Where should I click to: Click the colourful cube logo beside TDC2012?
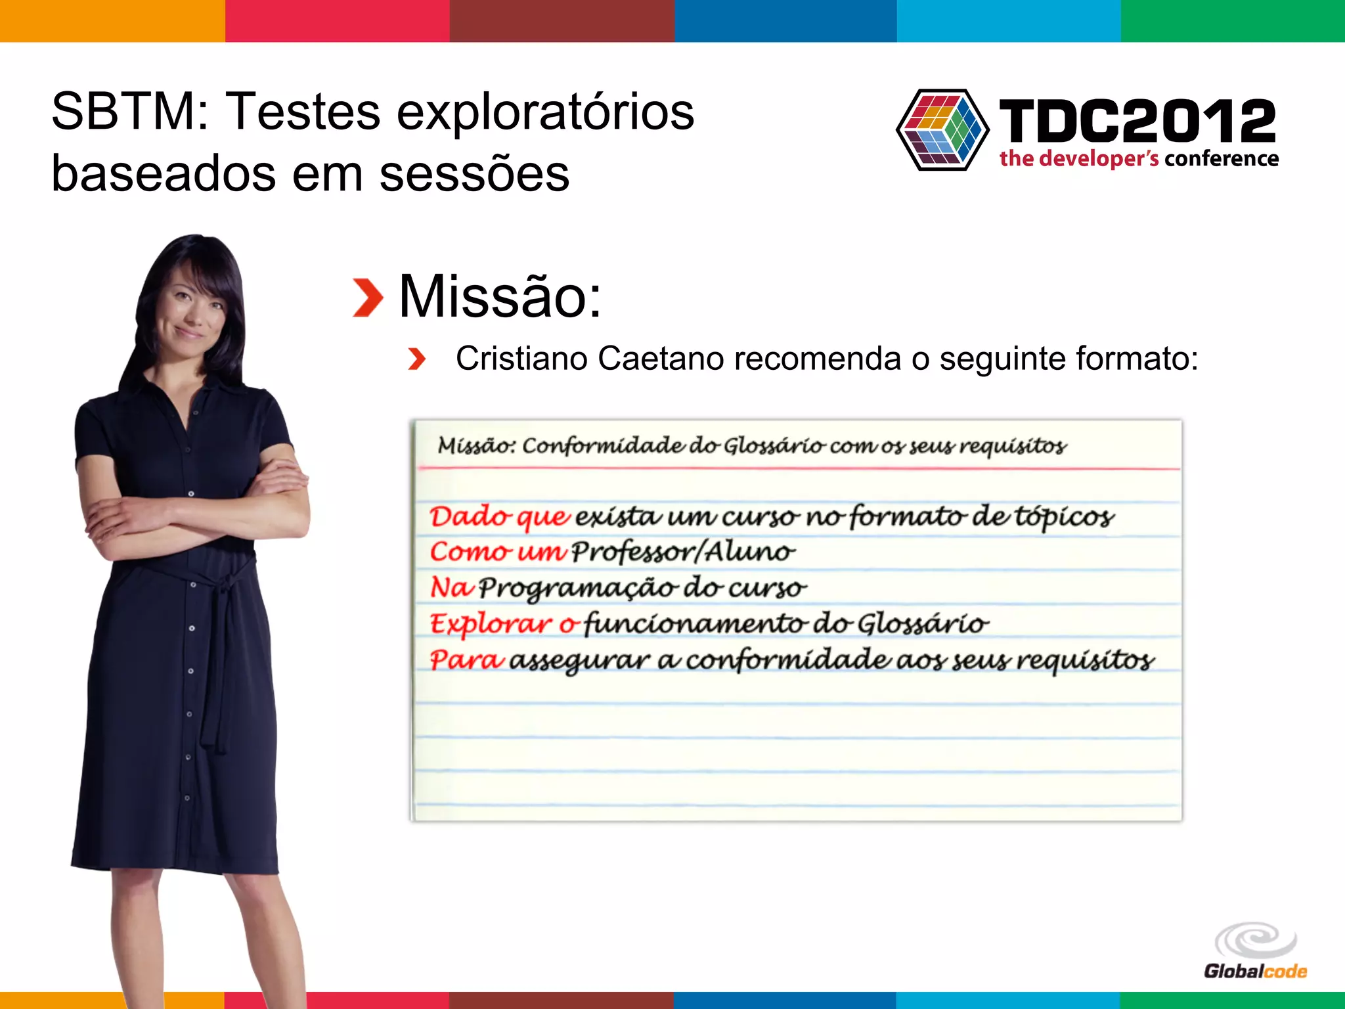(x=942, y=129)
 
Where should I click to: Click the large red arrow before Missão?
(x=368, y=298)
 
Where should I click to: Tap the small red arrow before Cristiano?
(x=416, y=359)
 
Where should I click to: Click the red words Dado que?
(x=499, y=517)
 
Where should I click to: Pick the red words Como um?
(x=497, y=552)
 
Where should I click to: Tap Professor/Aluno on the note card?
(x=683, y=552)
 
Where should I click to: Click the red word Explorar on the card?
(x=491, y=623)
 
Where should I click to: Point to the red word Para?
(x=467, y=659)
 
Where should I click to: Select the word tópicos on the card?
(x=1064, y=517)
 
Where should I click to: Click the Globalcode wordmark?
(x=1255, y=972)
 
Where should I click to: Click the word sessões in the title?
(x=474, y=174)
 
